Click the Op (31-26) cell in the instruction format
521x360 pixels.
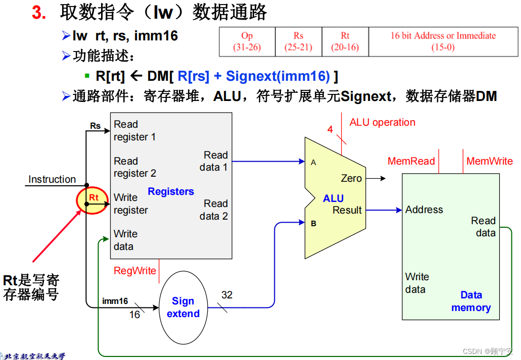(247, 41)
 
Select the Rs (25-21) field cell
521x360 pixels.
(298, 41)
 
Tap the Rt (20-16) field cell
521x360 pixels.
(345, 41)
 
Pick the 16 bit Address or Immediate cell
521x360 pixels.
(443, 41)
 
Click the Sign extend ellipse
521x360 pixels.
(183, 307)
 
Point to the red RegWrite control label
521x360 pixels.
(135, 271)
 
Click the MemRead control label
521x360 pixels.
(411, 161)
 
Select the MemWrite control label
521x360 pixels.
(489, 161)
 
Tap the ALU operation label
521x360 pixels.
(382, 122)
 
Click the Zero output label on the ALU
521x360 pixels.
(351, 178)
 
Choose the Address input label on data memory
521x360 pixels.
(424, 210)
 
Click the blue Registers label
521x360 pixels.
(171, 191)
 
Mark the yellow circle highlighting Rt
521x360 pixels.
(92, 200)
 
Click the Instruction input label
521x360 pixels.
(52, 179)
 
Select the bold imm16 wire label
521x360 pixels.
(115, 301)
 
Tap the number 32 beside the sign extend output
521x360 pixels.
(227, 295)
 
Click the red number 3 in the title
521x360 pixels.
(39, 13)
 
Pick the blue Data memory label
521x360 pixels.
(471, 301)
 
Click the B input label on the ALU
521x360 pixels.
(313, 223)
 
